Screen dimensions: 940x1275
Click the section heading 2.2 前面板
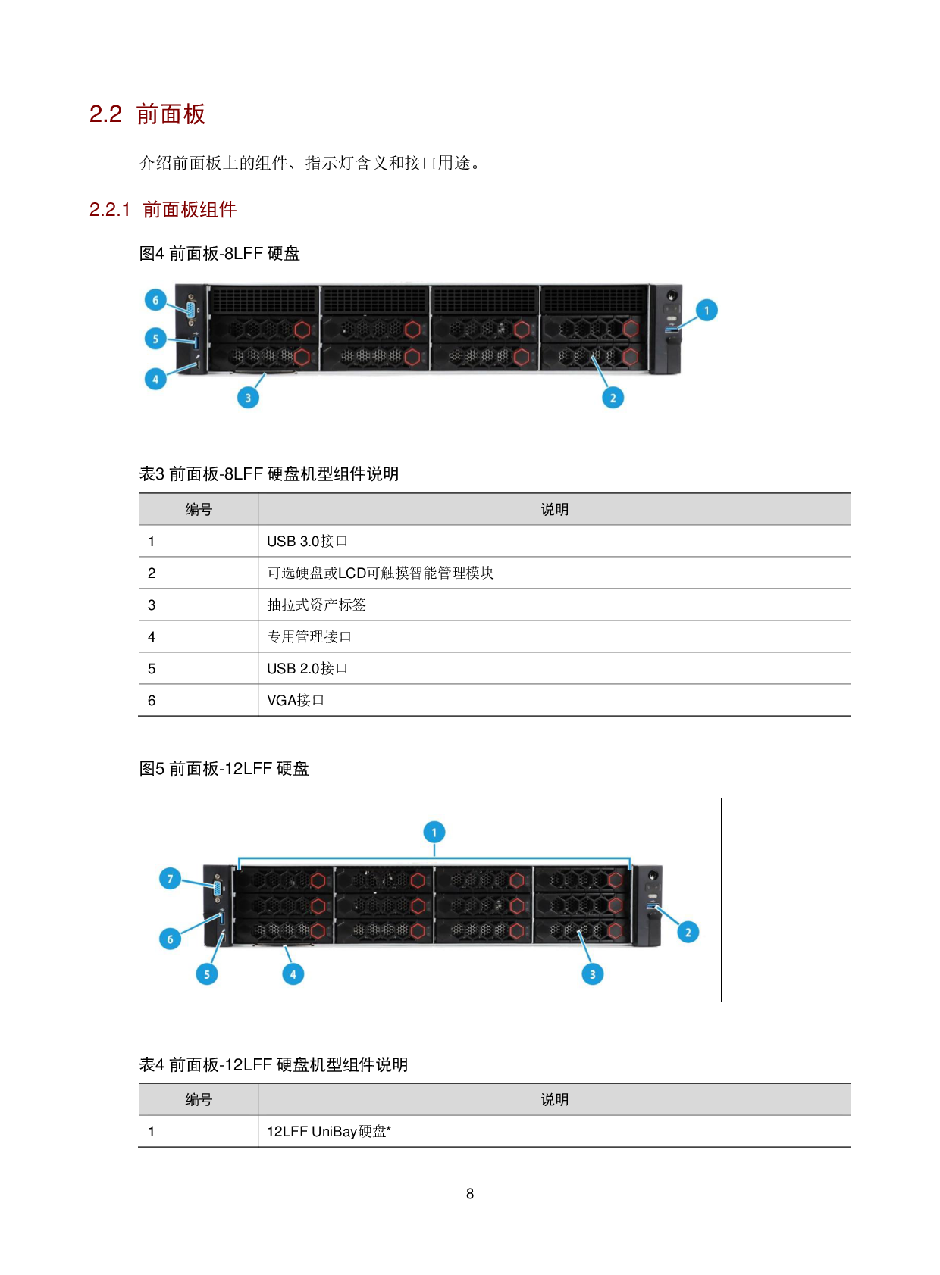[146, 114]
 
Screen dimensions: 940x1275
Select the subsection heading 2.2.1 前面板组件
[163, 209]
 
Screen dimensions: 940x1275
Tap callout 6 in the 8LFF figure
[155, 300]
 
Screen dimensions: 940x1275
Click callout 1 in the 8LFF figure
[707, 310]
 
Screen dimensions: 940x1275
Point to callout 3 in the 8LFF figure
[248, 397]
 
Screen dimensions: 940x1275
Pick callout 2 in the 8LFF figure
[613, 397]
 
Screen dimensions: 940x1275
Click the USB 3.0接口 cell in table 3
[307, 541]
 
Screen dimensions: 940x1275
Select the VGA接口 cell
[295, 700]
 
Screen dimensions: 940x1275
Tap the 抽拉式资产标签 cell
[316, 605]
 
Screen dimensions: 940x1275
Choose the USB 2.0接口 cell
[307, 668]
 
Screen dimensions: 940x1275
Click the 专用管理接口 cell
[309, 636]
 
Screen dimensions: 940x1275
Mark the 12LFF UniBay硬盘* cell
[329, 1131]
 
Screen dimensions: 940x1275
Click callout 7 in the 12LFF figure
[170, 879]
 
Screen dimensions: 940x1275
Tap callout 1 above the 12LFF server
[434, 832]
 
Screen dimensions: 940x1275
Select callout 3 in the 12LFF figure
[593, 974]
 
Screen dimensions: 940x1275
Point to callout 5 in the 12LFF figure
[207, 974]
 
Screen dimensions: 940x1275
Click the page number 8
[470, 1193]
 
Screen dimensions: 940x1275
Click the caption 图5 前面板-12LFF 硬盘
[224, 768]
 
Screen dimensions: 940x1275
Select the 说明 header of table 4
[554, 1099]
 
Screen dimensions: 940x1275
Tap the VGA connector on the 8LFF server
[192, 310]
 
